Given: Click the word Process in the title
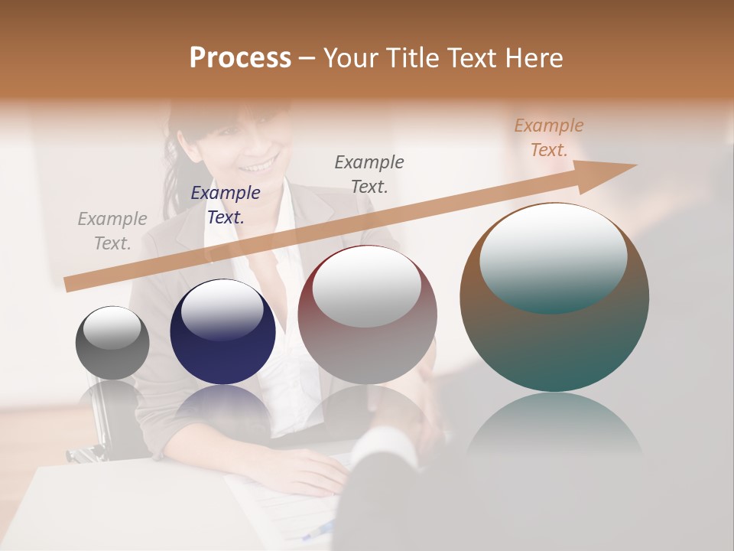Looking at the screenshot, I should [x=240, y=58].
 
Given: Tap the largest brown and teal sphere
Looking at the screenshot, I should [x=554, y=337].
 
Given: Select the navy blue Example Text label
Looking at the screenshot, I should [x=226, y=205].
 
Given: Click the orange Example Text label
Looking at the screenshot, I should [x=549, y=138].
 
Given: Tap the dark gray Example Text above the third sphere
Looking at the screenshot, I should [x=369, y=174].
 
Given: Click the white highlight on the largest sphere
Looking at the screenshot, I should [x=553, y=256].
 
